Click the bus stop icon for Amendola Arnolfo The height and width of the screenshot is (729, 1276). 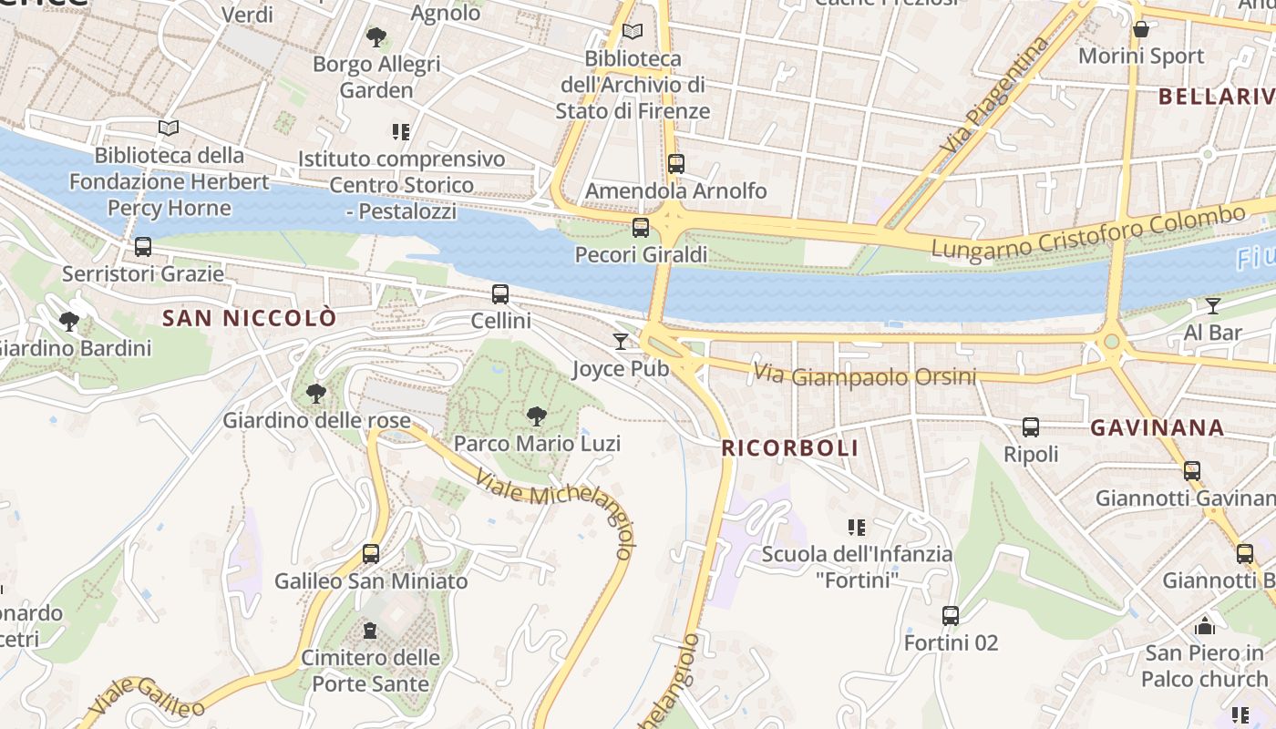point(675,164)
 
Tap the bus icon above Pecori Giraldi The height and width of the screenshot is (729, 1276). point(641,228)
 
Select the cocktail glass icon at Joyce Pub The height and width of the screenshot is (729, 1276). point(621,341)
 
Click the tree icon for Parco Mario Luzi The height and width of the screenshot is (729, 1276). point(537,416)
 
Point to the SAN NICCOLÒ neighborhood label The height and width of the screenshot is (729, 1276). point(249,318)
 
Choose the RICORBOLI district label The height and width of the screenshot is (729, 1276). point(789,448)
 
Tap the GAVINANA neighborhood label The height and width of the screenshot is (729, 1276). point(1157,427)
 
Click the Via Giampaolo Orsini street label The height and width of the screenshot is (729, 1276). point(864,375)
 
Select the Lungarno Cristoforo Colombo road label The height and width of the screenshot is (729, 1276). point(1087,233)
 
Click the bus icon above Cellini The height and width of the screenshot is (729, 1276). point(499,294)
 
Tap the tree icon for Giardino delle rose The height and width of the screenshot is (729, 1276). point(316,394)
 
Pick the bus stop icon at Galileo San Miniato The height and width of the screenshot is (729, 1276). point(370,554)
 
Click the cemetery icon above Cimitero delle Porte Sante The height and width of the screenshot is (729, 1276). point(370,631)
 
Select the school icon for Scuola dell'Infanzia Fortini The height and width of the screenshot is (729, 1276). point(856,527)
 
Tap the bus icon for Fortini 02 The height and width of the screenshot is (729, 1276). point(951,616)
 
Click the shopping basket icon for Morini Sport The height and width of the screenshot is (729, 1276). point(1140,30)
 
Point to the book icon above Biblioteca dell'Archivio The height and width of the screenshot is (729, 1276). point(632,32)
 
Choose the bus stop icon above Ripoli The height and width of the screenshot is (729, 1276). point(1031,427)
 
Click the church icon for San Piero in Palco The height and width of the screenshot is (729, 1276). point(1204,626)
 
